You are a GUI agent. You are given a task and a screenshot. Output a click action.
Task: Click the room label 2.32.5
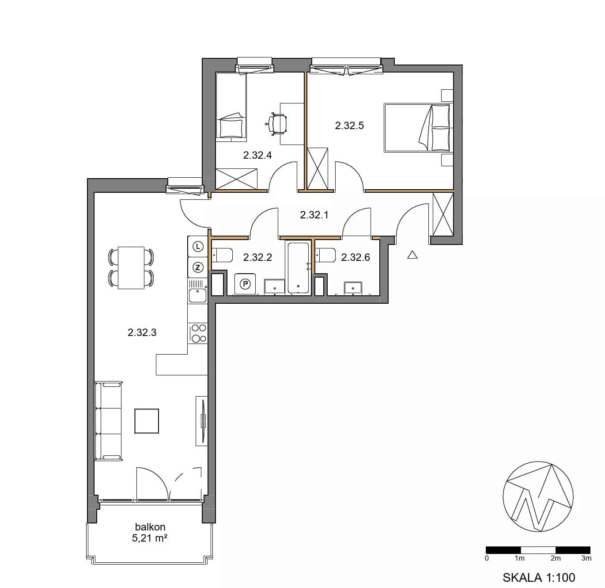(349, 126)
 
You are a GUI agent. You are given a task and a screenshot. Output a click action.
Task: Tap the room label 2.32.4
(257, 155)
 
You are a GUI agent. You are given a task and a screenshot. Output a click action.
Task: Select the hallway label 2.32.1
(314, 215)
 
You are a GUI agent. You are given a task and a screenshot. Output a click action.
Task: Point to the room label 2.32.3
(142, 332)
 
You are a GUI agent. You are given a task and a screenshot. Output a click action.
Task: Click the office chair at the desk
(276, 124)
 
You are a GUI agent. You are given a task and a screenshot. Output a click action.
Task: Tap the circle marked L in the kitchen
(198, 247)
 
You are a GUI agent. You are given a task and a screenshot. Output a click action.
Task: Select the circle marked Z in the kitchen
(198, 267)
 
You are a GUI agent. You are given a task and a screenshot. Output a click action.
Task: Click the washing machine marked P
(245, 284)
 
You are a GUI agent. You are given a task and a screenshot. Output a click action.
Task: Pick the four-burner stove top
(198, 333)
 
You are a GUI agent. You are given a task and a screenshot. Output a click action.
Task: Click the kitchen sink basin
(197, 295)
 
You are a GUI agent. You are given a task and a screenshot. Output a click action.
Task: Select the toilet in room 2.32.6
(325, 255)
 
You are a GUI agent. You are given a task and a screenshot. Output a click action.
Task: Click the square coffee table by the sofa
(147, 421)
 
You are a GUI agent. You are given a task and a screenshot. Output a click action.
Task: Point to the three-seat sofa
(109, 421)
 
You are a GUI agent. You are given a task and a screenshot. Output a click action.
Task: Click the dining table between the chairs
(131, 268)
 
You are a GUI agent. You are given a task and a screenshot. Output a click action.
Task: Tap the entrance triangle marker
(412, 255)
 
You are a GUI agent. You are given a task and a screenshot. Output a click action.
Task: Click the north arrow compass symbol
(538, 496)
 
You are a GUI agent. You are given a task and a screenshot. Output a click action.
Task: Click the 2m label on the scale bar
(556, 558)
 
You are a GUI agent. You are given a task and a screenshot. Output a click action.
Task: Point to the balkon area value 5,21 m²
(150, 538)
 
